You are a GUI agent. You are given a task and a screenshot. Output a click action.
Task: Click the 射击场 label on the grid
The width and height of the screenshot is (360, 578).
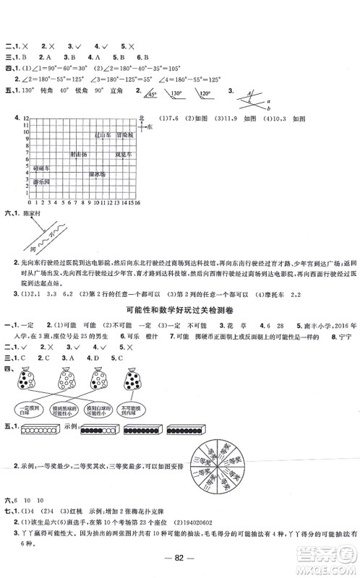79,154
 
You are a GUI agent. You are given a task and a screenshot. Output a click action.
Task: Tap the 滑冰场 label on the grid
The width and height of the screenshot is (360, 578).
98,174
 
